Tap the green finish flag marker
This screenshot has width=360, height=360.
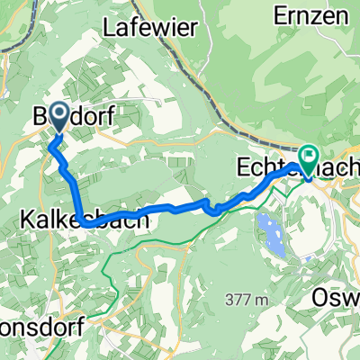(x=309, y=158)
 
